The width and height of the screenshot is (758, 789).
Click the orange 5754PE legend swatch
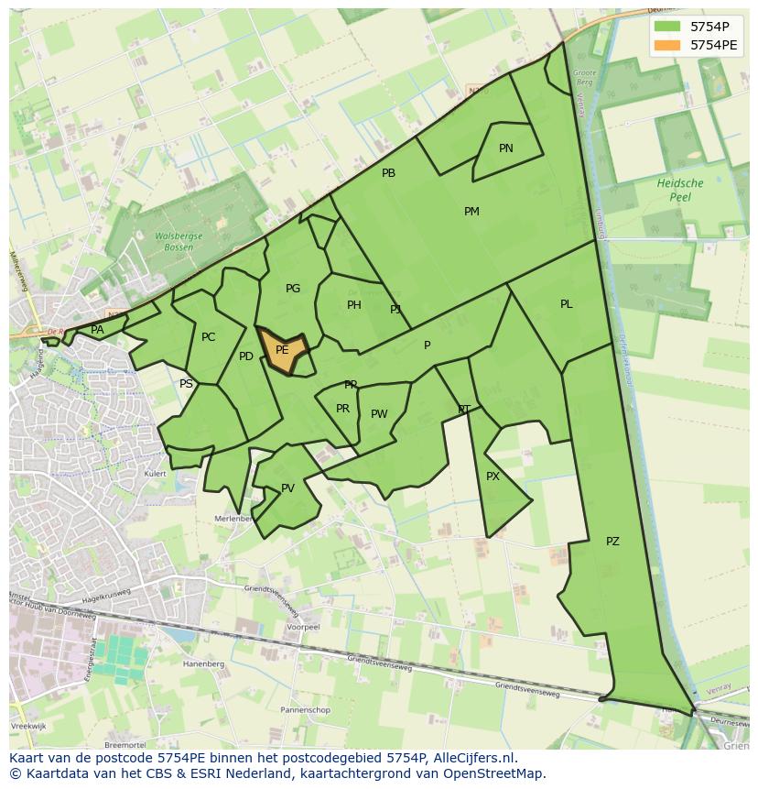tap(668, 44)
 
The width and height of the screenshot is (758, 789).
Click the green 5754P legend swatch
tap(668, 26)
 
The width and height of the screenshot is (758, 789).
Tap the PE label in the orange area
tap(282, 350)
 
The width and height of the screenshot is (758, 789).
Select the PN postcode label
tap(506, 148)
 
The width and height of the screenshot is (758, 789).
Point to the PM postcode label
tap(471, 212)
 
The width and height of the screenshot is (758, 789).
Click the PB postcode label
tap(388, 173)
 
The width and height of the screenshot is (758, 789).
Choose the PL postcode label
tap(567, 304)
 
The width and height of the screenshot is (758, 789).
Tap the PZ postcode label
tap(612, 542)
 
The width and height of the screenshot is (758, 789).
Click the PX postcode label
tap(493, 477)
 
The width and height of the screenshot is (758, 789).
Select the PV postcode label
tap(287, 488)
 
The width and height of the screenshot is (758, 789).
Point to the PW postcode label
tap(379, 414)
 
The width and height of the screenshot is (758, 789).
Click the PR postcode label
tap(342, 409)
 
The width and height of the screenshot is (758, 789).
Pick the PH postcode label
tap(354, 305)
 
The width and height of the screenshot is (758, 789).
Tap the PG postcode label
tap(293, 289)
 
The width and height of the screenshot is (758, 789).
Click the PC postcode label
tap(208, 337)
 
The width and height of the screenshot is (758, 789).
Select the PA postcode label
tap(97, 330)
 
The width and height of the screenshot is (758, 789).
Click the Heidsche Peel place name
tap(680, 190)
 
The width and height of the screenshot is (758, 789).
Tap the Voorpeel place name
tap(302, 628)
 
